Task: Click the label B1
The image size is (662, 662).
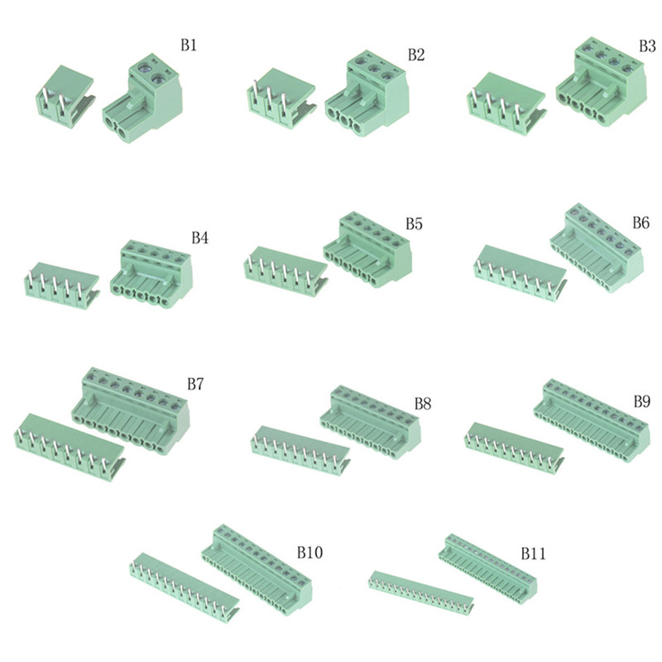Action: (x=189, y=46)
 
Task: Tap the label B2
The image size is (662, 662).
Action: (x=416, y=55)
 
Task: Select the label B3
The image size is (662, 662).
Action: (x=647, y=46)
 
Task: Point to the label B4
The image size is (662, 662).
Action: (x=199, y=238)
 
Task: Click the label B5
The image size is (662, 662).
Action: (x=415, y=223)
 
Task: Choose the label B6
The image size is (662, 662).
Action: (x=640, y=223)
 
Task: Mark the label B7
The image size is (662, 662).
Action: (x=195, y=384)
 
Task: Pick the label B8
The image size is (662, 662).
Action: (x=423, y=404)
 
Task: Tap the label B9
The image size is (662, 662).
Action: (x=642, y=401)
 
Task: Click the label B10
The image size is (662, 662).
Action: (x=309, y=552)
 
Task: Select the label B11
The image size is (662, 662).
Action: (x=533, y=553)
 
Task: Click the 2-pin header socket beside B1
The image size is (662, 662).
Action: (x=65, y=96)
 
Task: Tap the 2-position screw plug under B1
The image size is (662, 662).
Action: (x=142, y=99)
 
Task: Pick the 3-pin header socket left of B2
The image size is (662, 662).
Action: (x=281, y=99)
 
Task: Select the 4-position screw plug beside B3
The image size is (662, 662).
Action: (x=602, y=80)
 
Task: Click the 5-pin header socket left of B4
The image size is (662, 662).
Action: (x=62, y=285)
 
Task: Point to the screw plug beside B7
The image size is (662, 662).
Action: (x=131, y=410)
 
